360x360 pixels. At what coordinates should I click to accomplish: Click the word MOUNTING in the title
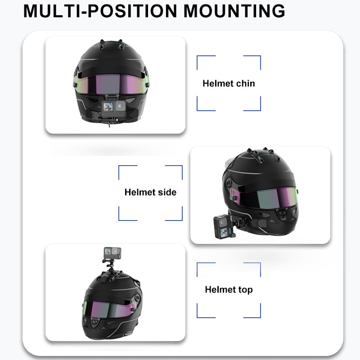point(234,11)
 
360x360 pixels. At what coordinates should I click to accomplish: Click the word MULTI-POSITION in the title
point(100,11)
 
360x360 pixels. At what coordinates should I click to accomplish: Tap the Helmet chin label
point(229,83)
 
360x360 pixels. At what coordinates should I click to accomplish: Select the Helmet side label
point(150,192)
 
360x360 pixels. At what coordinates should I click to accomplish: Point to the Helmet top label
point(229,289)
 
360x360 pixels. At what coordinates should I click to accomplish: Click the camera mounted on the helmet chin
point(114,108)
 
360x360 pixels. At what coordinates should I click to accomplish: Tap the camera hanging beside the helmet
point(221,227)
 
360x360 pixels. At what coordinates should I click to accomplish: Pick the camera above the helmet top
point(112,253)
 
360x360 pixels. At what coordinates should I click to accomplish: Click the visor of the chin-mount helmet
point(111,84)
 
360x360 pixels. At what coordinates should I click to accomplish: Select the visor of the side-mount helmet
point(264,197)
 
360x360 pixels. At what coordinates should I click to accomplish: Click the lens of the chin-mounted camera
point(120,106)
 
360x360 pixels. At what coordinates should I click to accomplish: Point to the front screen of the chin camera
point(108,107)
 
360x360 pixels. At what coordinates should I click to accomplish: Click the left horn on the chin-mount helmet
point(102,44)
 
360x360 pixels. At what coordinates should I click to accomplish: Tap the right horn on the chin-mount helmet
point(121,44)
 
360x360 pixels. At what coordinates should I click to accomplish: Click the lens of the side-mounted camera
point(222,222)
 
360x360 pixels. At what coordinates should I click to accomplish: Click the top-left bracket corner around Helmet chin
point(197,56)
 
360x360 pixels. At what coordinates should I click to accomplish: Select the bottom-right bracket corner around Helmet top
point(260,317)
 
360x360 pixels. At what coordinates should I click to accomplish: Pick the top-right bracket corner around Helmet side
point(182,166)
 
